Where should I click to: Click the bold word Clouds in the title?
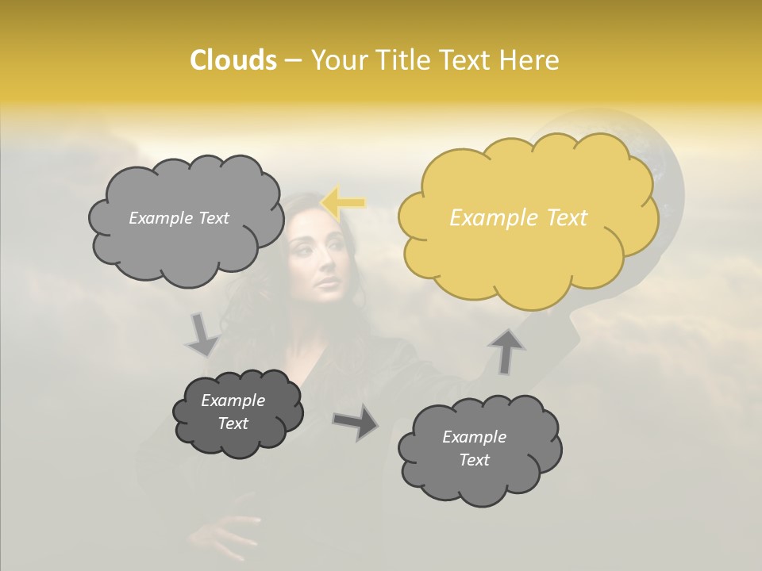pos(233,60)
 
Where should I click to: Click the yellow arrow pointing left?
pos(343,202)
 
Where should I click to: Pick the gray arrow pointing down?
pos(202,335)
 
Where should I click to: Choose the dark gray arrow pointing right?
pos(356,421)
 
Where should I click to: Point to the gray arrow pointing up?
pos(507,350)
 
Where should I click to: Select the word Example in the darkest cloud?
pos(233,400)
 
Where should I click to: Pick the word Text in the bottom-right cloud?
pos(474,460)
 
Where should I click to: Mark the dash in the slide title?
pos(293,60)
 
